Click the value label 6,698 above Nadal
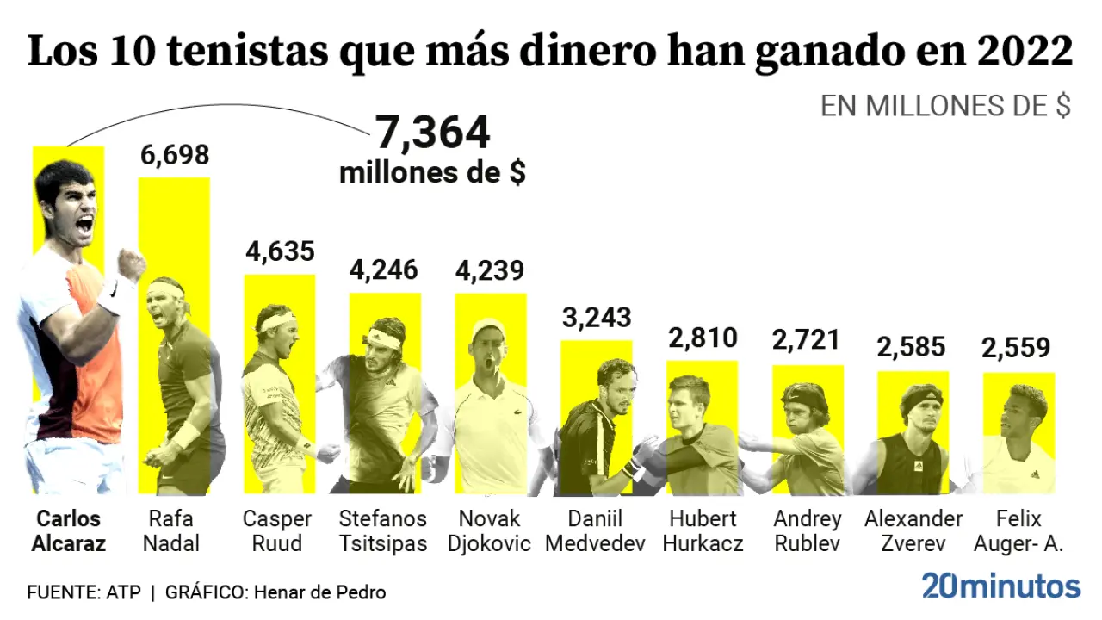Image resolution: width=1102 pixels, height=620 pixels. [175, 155]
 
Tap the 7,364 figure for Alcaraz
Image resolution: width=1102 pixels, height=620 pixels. [432, 133]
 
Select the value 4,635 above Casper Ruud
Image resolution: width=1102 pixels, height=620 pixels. [280, 251]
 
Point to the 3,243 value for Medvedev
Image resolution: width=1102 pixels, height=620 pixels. [597, 318]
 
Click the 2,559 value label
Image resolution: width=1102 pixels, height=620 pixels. [1016, 348]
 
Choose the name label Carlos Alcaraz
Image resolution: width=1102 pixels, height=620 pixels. [69, 531]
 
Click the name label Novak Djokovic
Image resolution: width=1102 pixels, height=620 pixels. [489, 531]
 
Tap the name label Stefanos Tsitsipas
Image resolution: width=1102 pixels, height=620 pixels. [383, 531]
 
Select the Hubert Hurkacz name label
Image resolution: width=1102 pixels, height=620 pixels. [703, 531]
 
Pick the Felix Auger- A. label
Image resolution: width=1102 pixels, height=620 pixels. [1018, 531]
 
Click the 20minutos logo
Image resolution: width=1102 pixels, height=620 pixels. [1001, 586]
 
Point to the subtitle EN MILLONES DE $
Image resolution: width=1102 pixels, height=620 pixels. [945, 106]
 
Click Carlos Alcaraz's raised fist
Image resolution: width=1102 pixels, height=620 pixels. [131, 264]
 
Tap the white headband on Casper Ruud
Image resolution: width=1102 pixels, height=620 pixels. [277, 322]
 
